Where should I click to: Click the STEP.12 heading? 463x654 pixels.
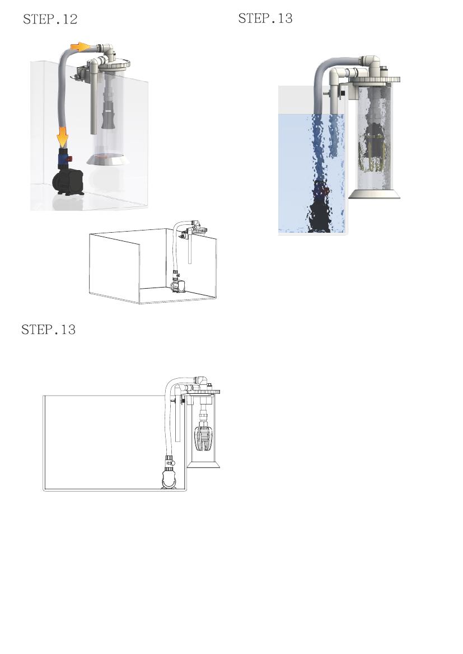(50, 19)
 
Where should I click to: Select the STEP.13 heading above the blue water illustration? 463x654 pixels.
(265, 18)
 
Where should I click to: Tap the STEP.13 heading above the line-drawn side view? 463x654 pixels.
(49, 330)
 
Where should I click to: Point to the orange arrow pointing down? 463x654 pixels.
(63, 137)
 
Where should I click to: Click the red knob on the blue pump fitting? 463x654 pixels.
(70, 158)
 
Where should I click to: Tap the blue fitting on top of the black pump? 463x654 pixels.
(63, 158)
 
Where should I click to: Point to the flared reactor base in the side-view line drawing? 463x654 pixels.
(203, 464)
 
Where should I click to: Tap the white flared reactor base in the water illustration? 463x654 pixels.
(375, 194)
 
